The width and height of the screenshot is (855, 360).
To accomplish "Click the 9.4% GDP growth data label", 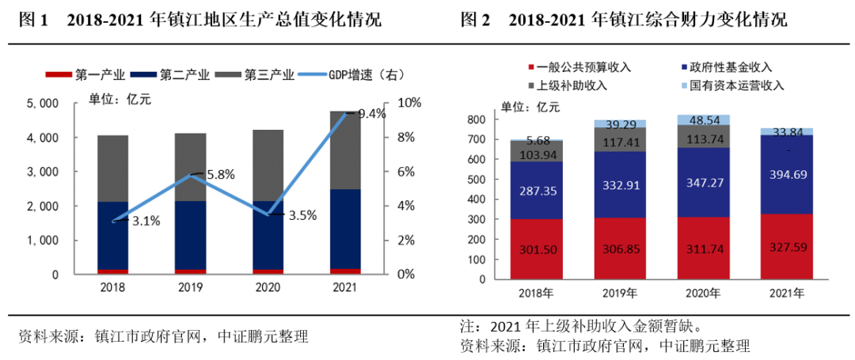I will tap(372, 114).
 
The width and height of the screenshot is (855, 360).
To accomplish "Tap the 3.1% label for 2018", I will tap(146, 222).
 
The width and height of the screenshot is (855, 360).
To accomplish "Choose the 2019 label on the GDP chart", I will tap(191, 288).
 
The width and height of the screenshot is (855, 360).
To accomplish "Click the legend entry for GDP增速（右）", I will tap(357, 75).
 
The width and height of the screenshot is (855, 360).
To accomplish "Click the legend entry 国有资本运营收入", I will tap(737, 85).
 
